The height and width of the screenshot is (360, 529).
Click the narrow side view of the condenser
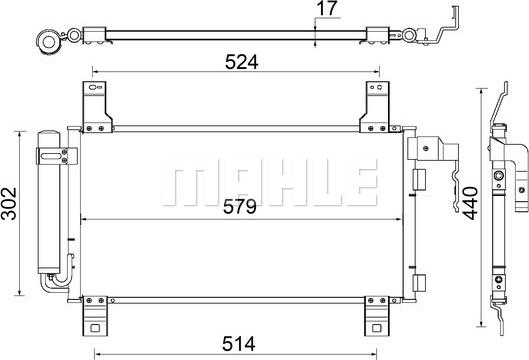(x=496, y=215)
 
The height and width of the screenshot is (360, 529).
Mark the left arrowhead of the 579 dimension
(x=84, y=220)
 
